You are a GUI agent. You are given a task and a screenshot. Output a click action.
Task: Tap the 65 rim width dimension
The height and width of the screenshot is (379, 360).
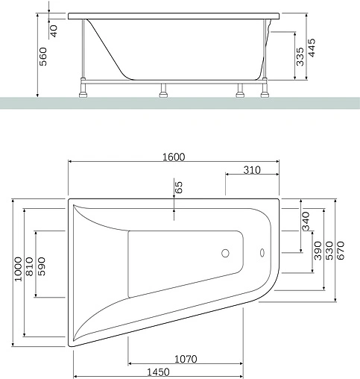178,188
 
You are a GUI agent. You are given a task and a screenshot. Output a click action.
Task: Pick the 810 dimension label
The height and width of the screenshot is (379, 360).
29,272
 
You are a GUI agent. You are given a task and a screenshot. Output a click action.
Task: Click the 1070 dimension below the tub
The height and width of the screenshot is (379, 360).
186,359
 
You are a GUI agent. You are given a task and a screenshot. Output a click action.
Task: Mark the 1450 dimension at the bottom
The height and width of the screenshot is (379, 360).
157,372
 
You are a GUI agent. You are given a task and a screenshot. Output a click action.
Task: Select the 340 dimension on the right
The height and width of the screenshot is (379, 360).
306,221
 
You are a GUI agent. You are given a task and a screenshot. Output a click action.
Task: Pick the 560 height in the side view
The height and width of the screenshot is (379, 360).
42,54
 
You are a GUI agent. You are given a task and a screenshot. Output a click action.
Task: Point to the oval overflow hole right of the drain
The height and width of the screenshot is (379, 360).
262,252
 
